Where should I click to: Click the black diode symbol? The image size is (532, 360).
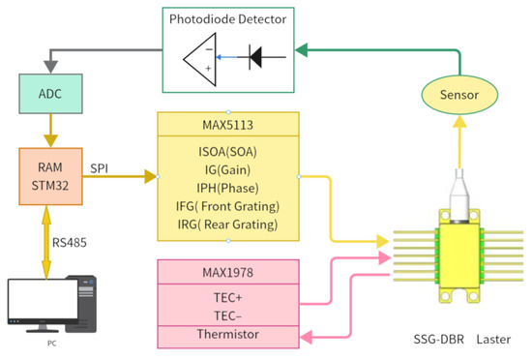click(254, 57)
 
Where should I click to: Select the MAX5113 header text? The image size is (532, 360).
click(227, 124)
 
